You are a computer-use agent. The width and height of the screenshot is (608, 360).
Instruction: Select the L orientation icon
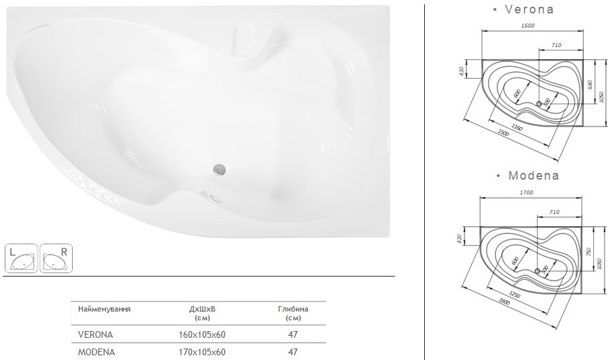point(21,258)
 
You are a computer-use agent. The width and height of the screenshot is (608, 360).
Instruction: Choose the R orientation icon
point(56,258)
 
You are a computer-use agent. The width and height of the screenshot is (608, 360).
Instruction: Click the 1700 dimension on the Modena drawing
point(527,192)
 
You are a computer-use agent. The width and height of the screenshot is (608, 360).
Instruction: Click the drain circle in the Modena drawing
point(537,271)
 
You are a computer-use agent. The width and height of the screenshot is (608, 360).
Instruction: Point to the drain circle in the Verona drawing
point(539,104)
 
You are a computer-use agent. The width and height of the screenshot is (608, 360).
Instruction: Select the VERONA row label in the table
point(95,334)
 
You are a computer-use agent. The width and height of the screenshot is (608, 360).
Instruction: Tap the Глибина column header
point(293,309)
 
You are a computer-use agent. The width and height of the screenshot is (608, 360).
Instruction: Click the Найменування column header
point(104,309)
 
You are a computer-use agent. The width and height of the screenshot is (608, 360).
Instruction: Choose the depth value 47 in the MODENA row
point(293,351)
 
